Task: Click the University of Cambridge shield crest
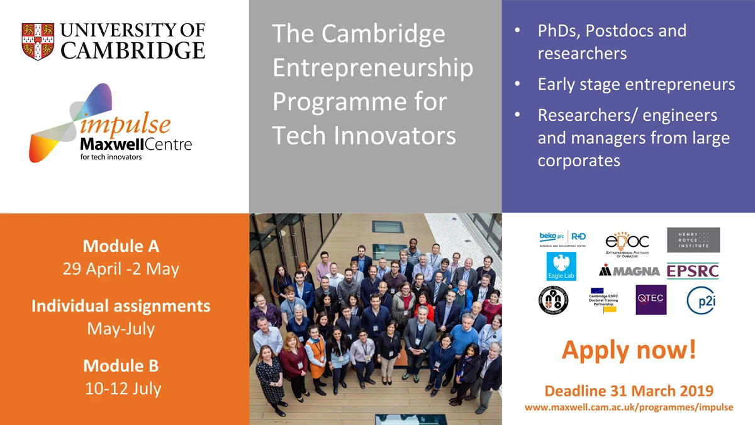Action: click(38, 42)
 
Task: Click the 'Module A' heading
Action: click(121, 246)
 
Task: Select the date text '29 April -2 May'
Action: click(121, 269)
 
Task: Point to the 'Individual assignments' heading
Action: click(121, 306)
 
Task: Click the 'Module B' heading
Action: click(121, 365)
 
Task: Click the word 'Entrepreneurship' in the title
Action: click(372, 67)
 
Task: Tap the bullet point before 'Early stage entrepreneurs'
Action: click(517, 84)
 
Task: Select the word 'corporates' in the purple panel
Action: click(579, 160)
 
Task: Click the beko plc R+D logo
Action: click(562, 239)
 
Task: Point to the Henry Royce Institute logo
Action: click(693, 240)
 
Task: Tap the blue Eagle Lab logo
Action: click(561, 267)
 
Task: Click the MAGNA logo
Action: click(629, 271)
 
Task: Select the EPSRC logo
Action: click(692, 271)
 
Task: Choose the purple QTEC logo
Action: click(651, 300)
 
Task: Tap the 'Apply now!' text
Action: click(629, 350)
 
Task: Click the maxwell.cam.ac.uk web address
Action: click(629, 407)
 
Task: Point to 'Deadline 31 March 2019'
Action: click(629, 390)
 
